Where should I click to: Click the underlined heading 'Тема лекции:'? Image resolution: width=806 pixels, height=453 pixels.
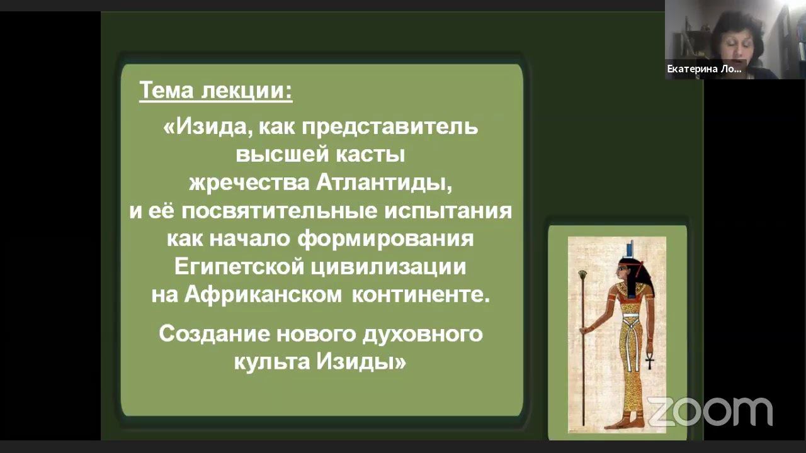pyautogui.click(x=215, y=91)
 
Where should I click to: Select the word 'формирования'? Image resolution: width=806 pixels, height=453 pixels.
pyautogui.click(x=385, y=239)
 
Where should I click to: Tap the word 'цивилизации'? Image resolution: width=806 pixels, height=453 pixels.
pyautogui.click(x=389, y=267)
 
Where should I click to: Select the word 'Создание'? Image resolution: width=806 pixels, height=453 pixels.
pyautogui.click(x=214, y=333)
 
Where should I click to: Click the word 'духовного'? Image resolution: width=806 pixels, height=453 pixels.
pyautogui.click(x=422, y=333)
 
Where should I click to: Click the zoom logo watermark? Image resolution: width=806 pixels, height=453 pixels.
pyautogui.click(x=710, y=411)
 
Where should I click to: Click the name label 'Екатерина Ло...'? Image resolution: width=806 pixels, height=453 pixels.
pyautogui.click(x=704, y=70)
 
